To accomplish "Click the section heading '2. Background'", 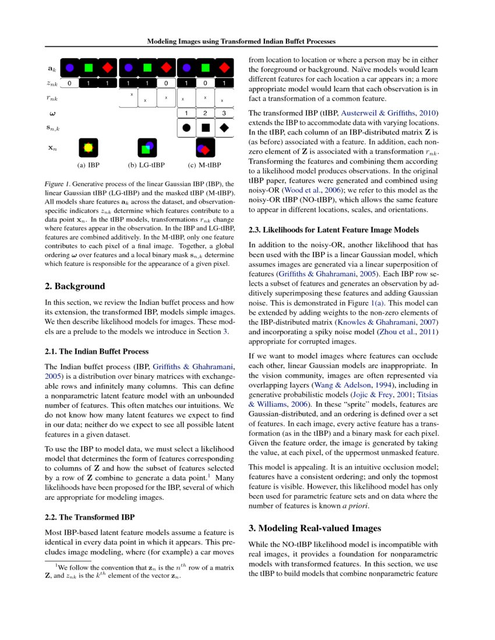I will pyautogui.click(x=75, y=286).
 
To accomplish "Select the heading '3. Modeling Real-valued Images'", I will pyautogui.click(x=314, y=528).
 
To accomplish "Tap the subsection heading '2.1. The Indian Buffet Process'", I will pyautogui.click(x=97, y=351).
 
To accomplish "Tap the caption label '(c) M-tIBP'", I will pyautogui.click(x=205, y=165).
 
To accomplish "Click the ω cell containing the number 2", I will pyautogui.click(x=205, y=113).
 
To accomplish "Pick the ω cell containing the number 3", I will pyautogui.click(x=224, y=113).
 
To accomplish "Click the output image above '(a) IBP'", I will pyautogui.click(x=89, y=148).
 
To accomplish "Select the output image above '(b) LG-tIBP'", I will pyautogui.click(x=147, y=148).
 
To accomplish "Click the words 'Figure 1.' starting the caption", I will pyautogui.click(x=59, y=184).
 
